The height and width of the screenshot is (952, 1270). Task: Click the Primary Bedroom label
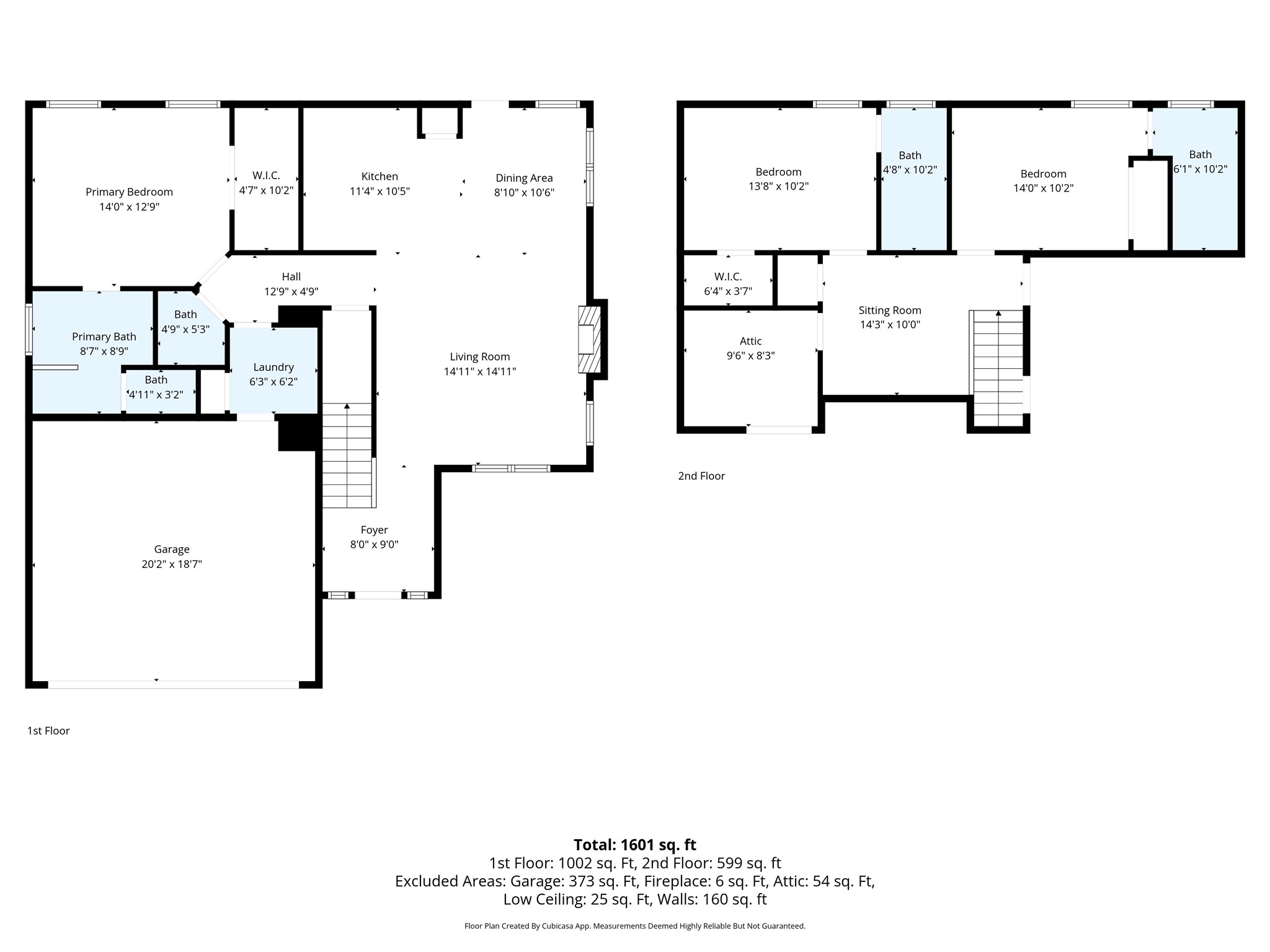[x=129, y=192]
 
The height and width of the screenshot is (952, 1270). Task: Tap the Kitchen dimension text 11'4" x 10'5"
[x=380, y=192]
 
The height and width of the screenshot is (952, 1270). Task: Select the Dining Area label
[x=524, y=178]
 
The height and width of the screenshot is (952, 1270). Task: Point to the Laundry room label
[x=273, y=367]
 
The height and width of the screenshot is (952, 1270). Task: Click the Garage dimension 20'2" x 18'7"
[x=172, y=564]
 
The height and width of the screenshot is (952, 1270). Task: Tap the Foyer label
[x=374, y=530]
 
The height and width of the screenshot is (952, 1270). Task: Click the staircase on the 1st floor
[x=347, y=456]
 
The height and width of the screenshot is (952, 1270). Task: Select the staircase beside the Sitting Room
[x=997, y=368]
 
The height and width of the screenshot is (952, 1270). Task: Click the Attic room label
[x=750, y=341]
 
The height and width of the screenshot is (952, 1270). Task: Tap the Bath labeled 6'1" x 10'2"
[x=1200, y=162]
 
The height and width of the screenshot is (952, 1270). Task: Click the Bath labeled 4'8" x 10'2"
[x=910, y=162]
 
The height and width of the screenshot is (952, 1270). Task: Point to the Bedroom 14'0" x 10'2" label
[x=1043, y=181]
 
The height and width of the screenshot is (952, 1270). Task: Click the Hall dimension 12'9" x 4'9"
[x=291, y=291]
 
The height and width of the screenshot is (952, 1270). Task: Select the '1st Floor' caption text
[x=48, y=731]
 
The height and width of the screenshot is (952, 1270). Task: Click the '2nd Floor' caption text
[x=701, y=476]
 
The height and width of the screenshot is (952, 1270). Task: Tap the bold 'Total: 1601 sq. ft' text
[x=634, y=845]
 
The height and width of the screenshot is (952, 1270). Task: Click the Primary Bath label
[x=104, y=337]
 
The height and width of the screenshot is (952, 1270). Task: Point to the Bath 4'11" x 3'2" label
[x=156, y=387]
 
